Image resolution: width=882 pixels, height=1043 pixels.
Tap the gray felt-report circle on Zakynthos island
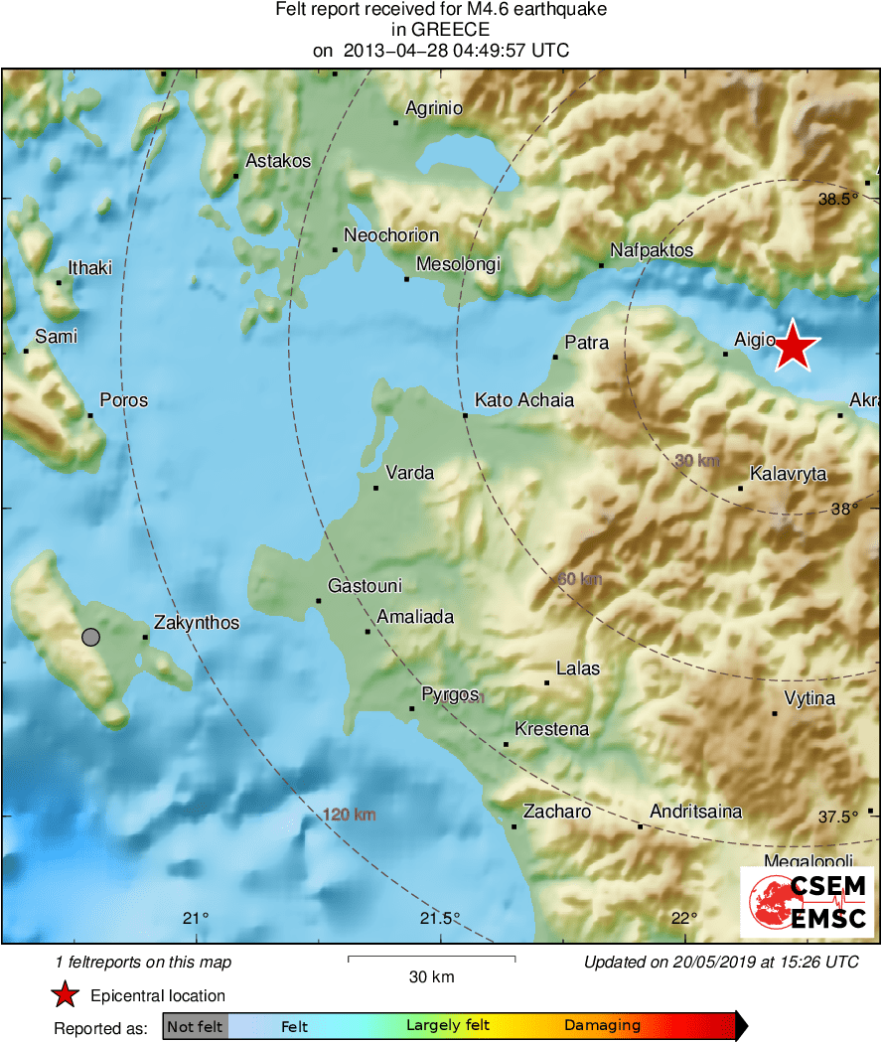pos(91,637)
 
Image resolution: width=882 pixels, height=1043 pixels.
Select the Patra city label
pos(586,344)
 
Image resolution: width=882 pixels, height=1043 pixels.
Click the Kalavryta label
pos(788,474)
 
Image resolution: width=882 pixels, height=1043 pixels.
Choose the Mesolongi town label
pos(457,264)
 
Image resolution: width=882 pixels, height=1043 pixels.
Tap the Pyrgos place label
pos(450,694)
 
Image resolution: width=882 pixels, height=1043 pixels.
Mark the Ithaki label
pos(89,268)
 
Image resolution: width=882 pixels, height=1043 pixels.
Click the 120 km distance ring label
pos(350,815)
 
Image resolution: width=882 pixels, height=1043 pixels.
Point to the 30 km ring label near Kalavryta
pos(697,460)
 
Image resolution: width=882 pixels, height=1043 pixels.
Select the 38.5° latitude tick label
pos(837,199)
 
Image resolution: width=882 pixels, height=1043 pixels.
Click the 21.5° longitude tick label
pos(440,917)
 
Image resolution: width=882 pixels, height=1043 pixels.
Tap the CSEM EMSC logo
pos(807,902)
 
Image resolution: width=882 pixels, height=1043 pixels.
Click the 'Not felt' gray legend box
pos(195,1026)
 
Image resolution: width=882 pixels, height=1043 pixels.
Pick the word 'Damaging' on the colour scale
pos(602,1026)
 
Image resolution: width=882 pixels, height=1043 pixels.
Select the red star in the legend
pos(66,995)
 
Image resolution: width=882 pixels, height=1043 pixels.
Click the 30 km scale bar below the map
pos(431,959)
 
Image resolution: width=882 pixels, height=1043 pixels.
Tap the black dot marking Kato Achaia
pos(465,414)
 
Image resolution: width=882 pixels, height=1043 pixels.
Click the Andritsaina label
pos(695,812)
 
